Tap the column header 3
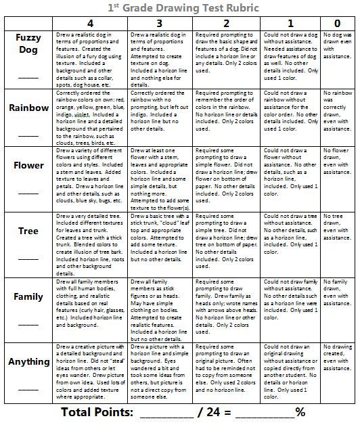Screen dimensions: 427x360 coord(157,22)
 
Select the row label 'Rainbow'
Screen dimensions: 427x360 coord(28,108)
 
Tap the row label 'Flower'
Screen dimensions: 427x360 coord(28,165)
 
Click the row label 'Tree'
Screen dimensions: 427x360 coord(28,231)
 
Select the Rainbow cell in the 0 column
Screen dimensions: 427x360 coord(338,108)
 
